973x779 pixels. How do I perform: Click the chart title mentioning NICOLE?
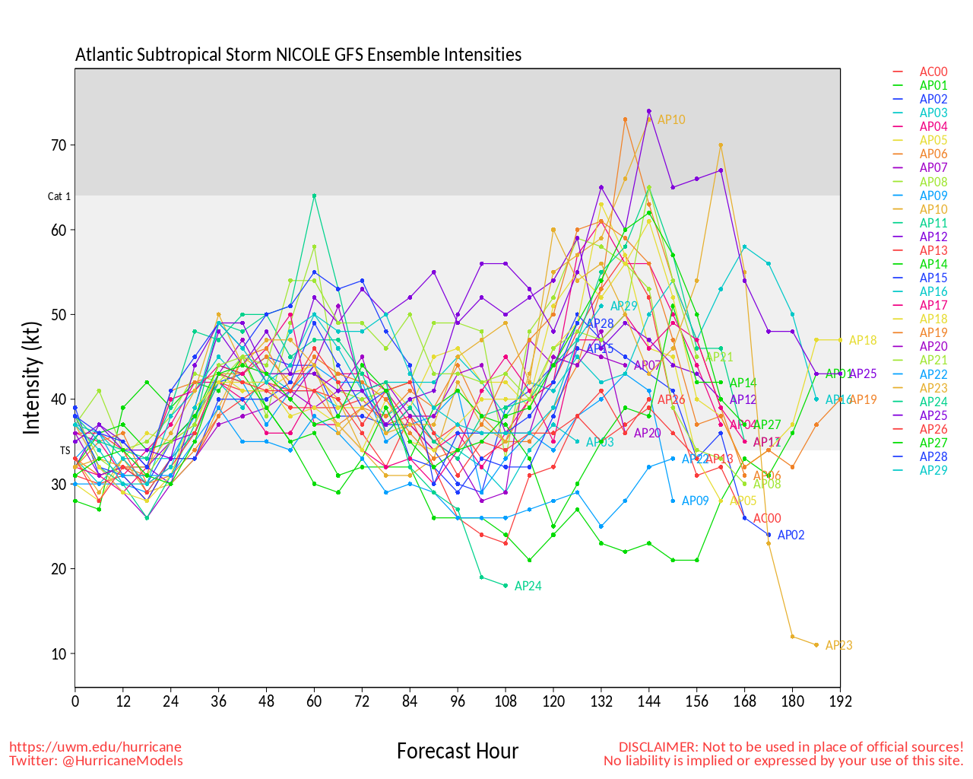coord(298,55)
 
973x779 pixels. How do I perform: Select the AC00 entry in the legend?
coord(933,72)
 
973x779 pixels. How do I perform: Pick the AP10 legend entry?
coord(933,209)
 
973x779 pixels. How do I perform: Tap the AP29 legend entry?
coord(933,470)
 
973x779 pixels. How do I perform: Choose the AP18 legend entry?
coord(933,320)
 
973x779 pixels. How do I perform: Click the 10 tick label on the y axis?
coord(59,654)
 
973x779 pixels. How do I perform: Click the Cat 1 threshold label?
coord(59,196)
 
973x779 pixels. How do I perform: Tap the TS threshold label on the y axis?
coord(65,450)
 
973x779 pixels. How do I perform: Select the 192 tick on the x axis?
coord(840,701)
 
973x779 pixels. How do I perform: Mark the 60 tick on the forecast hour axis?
coord(314,701)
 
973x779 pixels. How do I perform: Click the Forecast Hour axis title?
coord(457,752)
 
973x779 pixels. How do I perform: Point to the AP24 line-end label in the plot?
coord(528,587)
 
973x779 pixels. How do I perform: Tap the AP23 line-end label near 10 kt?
coord(838,646)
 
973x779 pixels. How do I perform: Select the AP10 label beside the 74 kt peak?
coord(671,120)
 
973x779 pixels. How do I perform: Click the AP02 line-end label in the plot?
coord(791,536)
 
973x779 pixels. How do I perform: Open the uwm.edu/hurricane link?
coord(96,747)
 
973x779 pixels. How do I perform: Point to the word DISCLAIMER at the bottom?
coord(658,747)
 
